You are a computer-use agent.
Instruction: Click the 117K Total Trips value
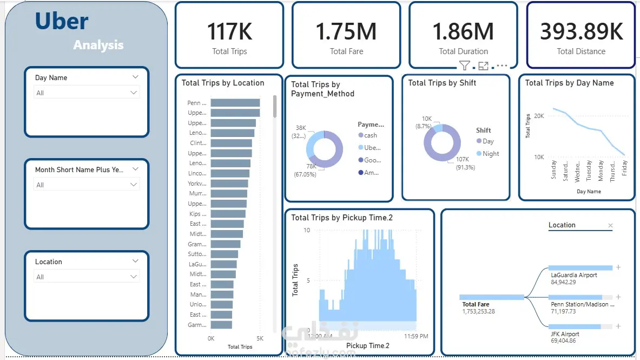(229, 32)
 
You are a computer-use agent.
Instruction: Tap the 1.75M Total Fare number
(346, 32)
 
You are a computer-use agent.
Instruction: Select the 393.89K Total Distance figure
(582, 32)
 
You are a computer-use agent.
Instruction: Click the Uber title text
(62, 22)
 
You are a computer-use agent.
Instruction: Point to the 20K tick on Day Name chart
(539, 116)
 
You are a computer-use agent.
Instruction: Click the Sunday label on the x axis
(553, 170)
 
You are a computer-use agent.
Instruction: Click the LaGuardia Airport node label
(573, 275)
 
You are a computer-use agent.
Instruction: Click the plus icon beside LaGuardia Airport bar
(618, 267)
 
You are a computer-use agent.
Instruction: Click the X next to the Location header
(611, 226)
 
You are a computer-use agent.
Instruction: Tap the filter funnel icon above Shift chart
(464, 66)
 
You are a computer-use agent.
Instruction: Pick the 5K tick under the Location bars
(260, 338)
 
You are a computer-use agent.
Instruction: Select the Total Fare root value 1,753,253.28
(479, 312)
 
